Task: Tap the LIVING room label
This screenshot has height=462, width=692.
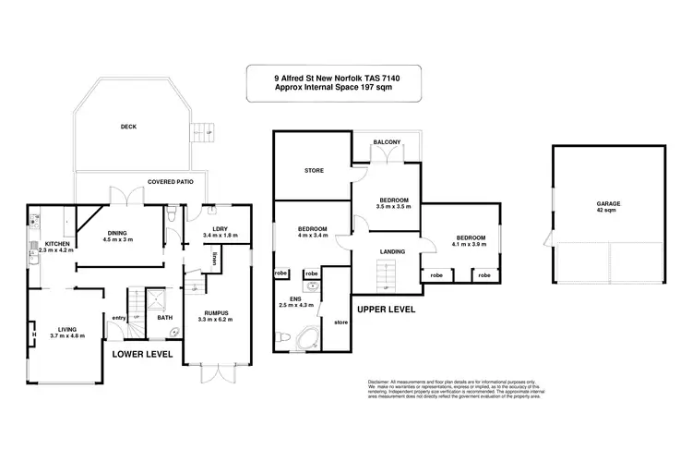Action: click(x=67, y=327)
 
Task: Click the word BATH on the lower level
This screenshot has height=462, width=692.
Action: click(x=164, y=318)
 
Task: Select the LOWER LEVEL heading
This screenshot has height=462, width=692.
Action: click(x=140, y=353)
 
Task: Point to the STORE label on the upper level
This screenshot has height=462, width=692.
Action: click(x=313, y=170)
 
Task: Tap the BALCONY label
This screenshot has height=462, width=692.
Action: click(x=387, y=141)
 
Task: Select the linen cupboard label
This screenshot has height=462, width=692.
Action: click(x=214, y=256)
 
